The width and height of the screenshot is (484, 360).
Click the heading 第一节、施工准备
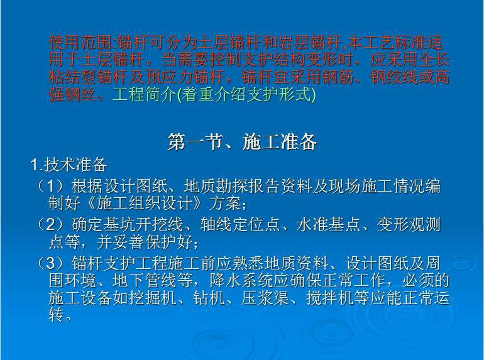coord(242,142)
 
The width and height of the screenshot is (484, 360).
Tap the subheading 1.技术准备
coord(69,165)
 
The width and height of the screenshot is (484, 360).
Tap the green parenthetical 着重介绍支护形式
coord(246,94)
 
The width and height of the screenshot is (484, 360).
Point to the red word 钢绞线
coord(395,77)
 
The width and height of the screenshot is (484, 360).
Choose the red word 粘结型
coord(73,77)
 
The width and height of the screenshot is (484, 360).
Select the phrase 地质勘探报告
coord(232,186)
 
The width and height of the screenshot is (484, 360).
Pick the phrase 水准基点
coord(328,224)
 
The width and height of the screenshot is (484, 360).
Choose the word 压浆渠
coord(265,298)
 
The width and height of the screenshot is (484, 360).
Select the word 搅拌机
coord(329,298)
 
